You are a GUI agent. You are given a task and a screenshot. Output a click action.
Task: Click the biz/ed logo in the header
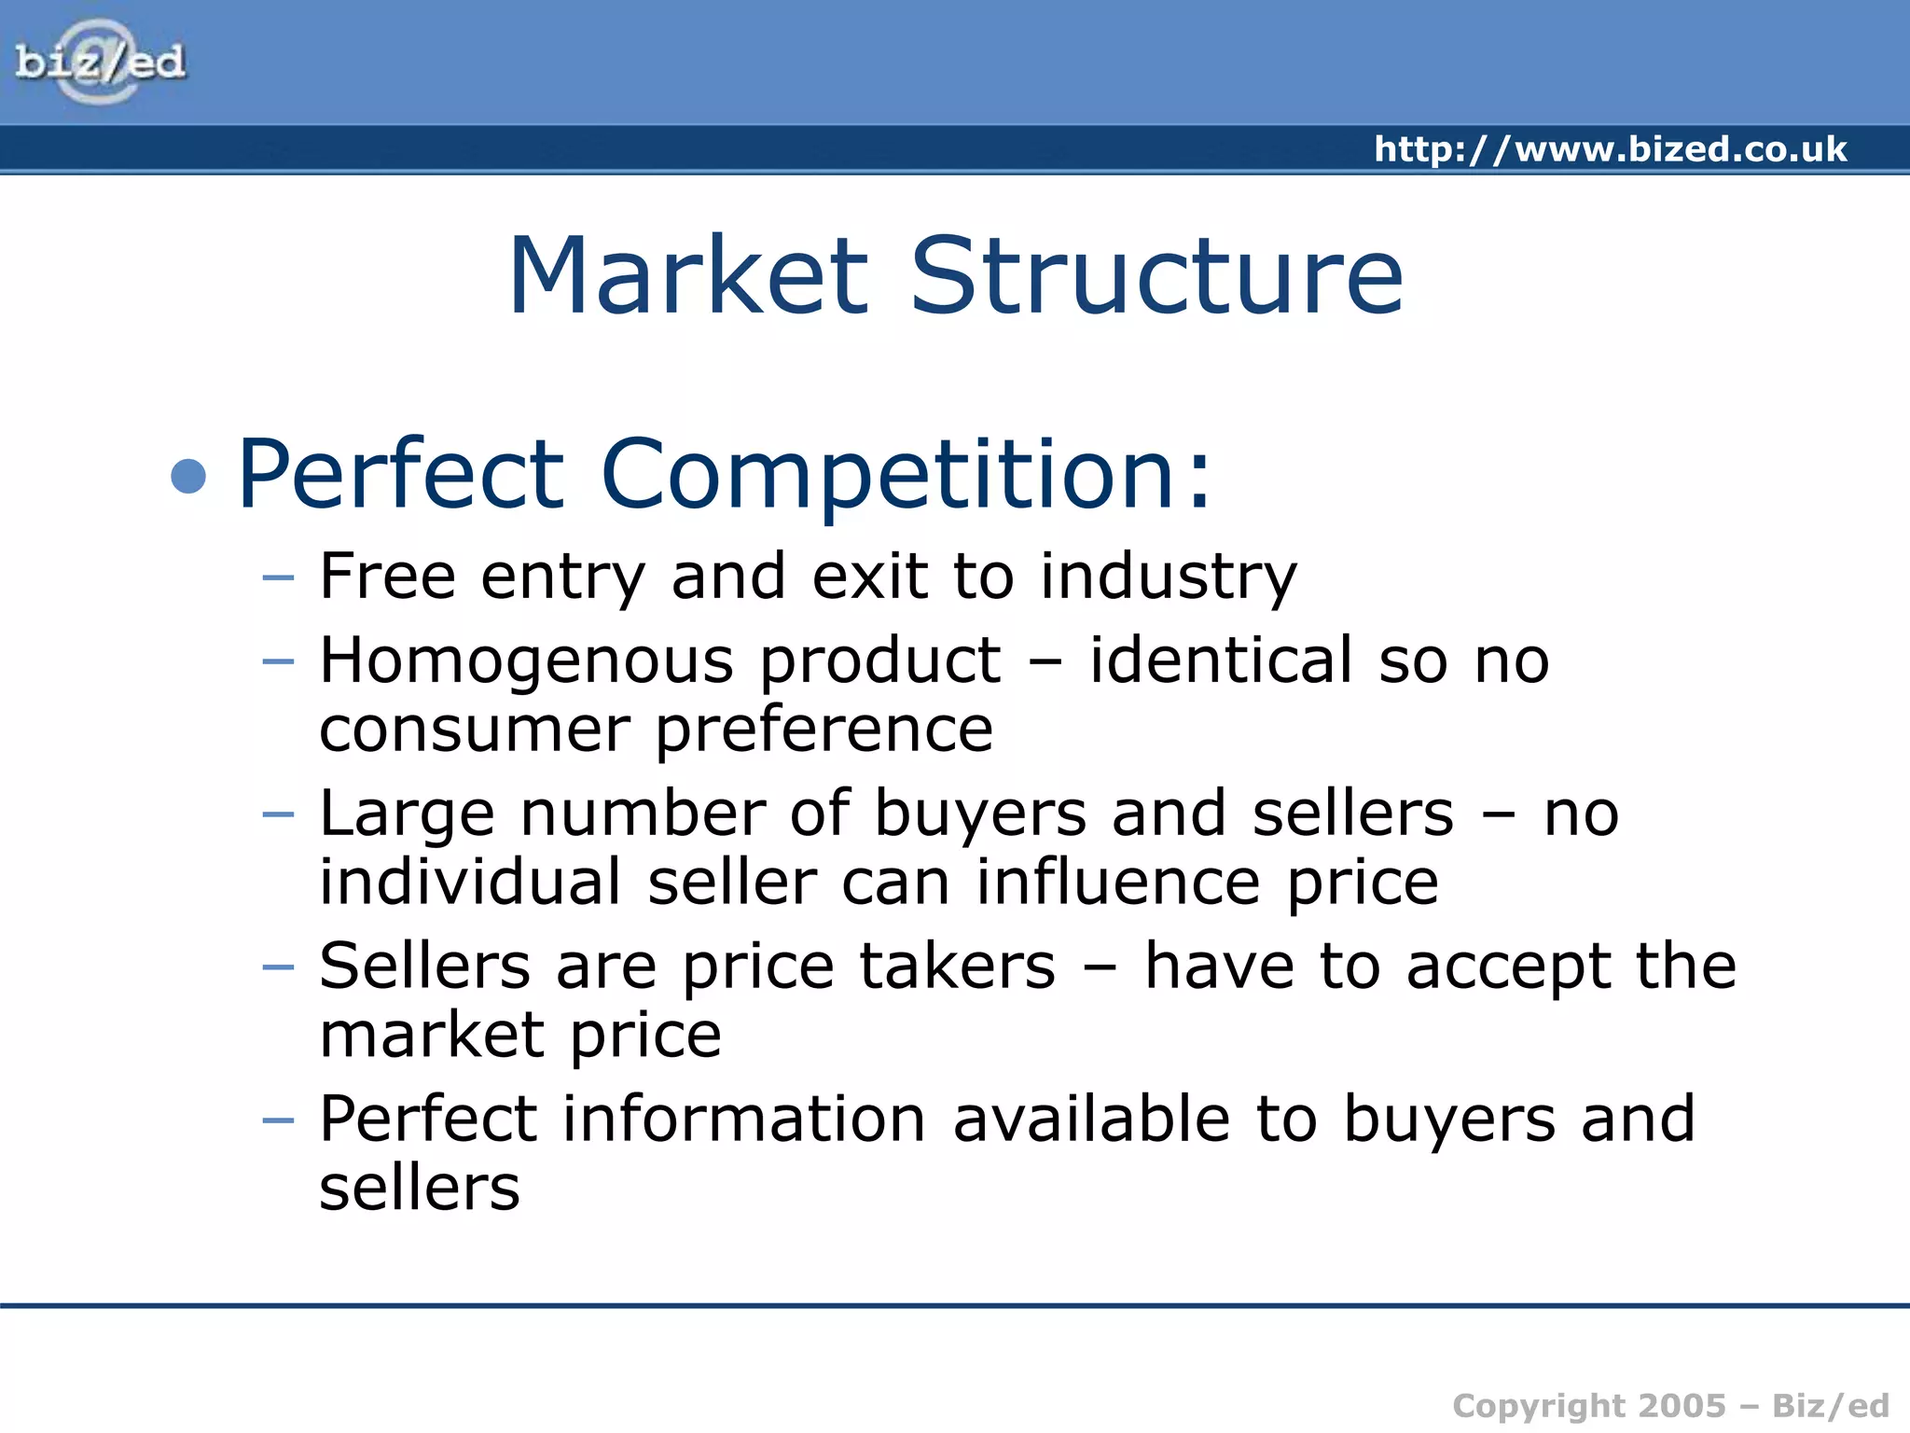(101, 62)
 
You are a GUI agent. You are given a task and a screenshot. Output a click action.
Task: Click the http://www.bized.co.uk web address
(1610, 149)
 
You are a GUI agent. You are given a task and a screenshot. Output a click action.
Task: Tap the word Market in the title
(688, 276)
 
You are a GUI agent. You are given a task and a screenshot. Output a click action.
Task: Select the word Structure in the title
(1156, 276)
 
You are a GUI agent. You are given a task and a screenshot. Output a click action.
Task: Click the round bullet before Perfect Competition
(188, 476)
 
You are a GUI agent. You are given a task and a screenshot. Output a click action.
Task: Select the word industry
(1168, 578)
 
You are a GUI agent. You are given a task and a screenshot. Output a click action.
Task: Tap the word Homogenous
(527, 661)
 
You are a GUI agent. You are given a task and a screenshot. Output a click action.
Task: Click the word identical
(1221, 661)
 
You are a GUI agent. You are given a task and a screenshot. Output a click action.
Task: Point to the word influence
(1118, 883)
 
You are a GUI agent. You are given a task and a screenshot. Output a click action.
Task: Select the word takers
(957, 967)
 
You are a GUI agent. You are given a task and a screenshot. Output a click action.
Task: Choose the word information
(744, 1119)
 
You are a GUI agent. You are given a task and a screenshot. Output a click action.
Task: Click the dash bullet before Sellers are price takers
(278, 967)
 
